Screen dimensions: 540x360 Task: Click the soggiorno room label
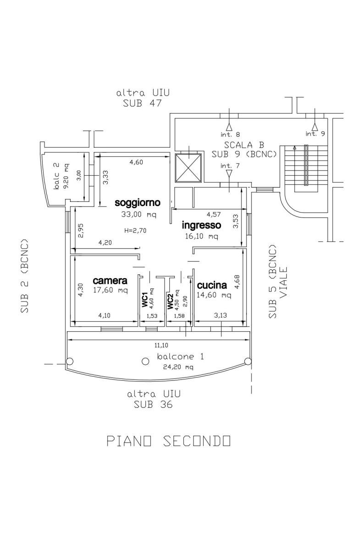tap(137, 202)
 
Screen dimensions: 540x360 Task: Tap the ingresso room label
tap(201, 225)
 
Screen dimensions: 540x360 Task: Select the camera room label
tap(110, 280)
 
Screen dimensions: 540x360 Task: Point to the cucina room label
tap(212, 285)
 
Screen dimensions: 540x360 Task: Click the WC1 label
tap(144, 299)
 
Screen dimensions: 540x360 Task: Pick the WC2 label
tap(170, 301)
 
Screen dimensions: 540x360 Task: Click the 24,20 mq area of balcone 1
tap(178, 367)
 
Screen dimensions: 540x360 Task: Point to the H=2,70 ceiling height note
tap(135, 230)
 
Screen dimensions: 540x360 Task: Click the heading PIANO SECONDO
tap(168, 441)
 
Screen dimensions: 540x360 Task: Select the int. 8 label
tap(230, 134)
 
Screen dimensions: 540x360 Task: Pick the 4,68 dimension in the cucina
tap(237, 281)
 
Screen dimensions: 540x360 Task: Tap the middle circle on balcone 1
tap(145, 361)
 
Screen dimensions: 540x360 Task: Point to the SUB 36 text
tap(153, 405)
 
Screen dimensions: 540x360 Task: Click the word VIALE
tap(283, 283)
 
